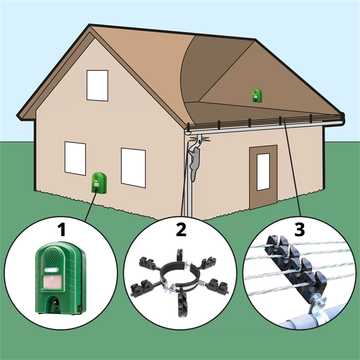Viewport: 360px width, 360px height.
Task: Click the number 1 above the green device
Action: pos(62,230)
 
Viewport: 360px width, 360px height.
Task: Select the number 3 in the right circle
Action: pos(299,229)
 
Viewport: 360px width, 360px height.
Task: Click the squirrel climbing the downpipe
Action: pos(194,164)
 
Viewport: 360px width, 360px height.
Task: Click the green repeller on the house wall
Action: pos(99,183)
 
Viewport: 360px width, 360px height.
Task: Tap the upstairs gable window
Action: pos(97,85)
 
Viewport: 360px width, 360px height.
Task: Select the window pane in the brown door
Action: pos(263,172)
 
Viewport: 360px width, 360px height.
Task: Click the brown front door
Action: pos(263,177)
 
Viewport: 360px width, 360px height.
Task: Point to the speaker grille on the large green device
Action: pos(52,256)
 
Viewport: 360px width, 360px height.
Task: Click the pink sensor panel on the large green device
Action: pos(52,282)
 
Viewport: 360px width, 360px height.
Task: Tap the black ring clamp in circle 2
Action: pos(181,276)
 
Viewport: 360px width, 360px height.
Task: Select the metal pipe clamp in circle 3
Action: pos(316,309)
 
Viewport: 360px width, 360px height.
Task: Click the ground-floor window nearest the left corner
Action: pos(75,158)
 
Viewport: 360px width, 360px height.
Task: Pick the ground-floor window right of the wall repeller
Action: pos(133,167)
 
